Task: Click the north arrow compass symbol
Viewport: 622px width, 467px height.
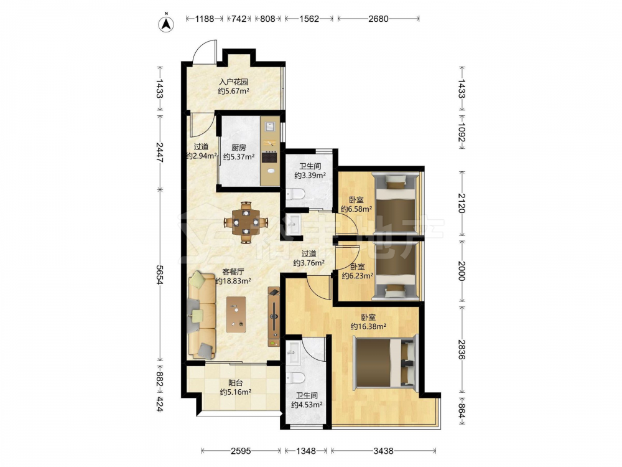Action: point(167,24)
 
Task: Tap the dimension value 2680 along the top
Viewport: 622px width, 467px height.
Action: point(378,18)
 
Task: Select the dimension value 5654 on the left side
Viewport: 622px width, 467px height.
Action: point(160,275)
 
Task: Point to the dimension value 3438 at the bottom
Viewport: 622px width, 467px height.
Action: point(384,451)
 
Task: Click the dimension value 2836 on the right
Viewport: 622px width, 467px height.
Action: point(462,349)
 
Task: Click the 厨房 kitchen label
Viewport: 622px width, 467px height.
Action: point(239,148)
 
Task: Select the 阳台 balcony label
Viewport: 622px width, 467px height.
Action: point(236,383)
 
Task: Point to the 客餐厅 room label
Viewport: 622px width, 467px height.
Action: point(233,272)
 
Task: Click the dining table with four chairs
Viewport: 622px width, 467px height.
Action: point(246,222)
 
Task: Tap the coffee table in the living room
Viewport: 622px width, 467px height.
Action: point(236,314)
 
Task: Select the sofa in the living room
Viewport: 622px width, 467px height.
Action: point(202,314)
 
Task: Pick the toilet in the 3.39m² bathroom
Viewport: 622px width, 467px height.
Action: point(295,194)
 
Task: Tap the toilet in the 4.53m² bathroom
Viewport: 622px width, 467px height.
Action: point(295,378)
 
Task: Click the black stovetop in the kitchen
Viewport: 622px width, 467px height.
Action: point(271,158)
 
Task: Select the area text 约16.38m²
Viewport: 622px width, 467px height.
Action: point(368,327)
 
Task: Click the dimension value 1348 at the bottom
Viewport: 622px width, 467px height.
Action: point(306,451)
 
